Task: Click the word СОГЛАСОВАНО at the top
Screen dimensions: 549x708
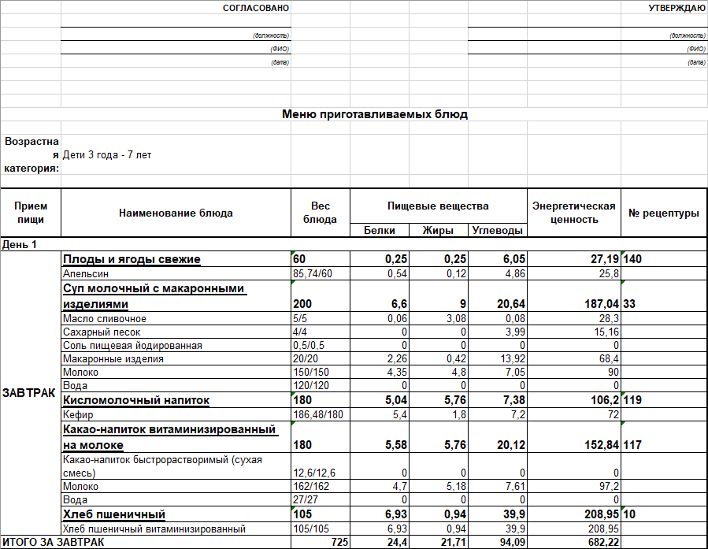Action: click(x=256, y=8)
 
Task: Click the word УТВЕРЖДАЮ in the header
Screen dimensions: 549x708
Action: click(x=676, y=8)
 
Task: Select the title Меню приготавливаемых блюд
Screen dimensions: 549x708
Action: click(x=375, y=114)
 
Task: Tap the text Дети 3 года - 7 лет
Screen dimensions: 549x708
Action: click(x=107, y=155)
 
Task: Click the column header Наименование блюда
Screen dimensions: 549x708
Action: click(x=176, y=213)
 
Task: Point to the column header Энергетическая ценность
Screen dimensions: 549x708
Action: click(x=573, y=213)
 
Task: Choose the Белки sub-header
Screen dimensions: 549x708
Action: click(x=380, y=231)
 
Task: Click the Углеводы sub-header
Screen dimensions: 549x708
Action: click(x=498, y=231)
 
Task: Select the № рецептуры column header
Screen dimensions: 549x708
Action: click(x=663, y=213)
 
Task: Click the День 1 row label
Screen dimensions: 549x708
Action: click(x=20, y=245)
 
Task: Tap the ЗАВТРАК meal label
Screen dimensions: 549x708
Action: click(x=29, y=392)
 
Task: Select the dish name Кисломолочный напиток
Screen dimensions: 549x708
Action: click(x=135, y=400)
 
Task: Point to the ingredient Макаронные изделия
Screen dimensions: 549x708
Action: click(x=113, y=359)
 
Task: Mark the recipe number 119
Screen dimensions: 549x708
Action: click(x=632, y=400)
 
